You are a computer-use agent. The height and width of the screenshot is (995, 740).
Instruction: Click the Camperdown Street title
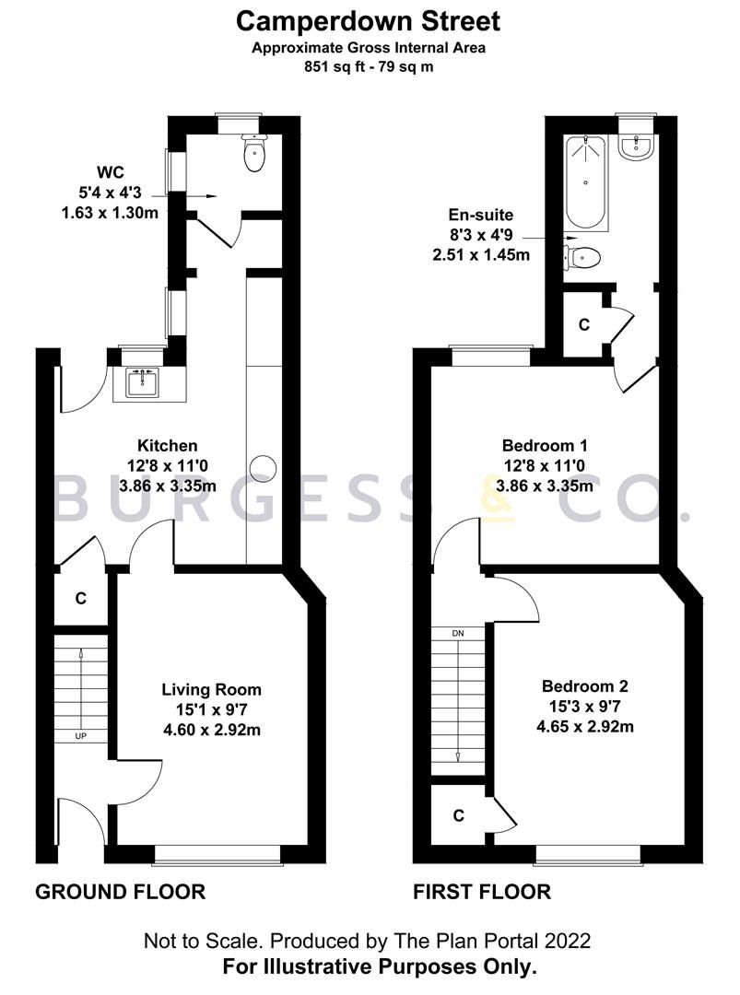click(370, 20)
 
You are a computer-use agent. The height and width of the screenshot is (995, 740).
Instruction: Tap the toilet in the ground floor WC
click(253, 154)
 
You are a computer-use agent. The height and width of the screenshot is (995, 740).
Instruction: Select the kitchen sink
click(142, 382)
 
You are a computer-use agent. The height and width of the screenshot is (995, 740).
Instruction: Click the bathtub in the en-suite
click(587, 182)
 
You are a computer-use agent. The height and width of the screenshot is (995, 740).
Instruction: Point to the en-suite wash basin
click(637, 146)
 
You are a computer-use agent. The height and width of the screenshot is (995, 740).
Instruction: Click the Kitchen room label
click(168, 446)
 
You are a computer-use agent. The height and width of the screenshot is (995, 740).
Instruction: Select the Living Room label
click(211, 689)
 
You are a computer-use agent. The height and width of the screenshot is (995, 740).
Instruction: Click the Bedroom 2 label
click(584, 686)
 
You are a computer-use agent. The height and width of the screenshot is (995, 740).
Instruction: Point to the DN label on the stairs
click(458, 635)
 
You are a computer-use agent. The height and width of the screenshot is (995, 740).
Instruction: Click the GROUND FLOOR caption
click(120, 892)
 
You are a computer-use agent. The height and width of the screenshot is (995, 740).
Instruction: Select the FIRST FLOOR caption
click(481, 892)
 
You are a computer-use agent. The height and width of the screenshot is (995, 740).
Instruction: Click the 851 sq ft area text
click(370, 66)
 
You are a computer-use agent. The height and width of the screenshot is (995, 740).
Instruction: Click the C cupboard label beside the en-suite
click(583, 325)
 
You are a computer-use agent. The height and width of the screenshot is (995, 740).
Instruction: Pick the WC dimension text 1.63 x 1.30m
click(103, 214)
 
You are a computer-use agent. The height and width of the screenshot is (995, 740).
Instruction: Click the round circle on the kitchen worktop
click(265, 467)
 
